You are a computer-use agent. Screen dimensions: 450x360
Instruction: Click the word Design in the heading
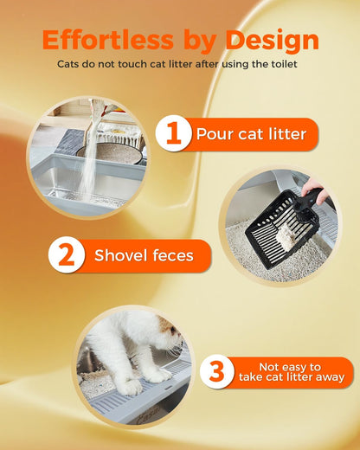(272, 40)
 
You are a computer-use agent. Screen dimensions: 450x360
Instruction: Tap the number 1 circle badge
(173, 134)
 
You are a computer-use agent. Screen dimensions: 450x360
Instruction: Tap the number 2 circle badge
(67, 255)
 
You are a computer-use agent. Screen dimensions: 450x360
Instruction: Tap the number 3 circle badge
(217, 372)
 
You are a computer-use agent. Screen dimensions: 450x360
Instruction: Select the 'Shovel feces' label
(144, 255)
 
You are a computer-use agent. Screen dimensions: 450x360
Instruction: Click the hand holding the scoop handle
(318, 190)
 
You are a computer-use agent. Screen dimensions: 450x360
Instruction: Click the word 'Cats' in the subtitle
(71, 64)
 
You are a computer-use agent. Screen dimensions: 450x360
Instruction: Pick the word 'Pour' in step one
(212, 134)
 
